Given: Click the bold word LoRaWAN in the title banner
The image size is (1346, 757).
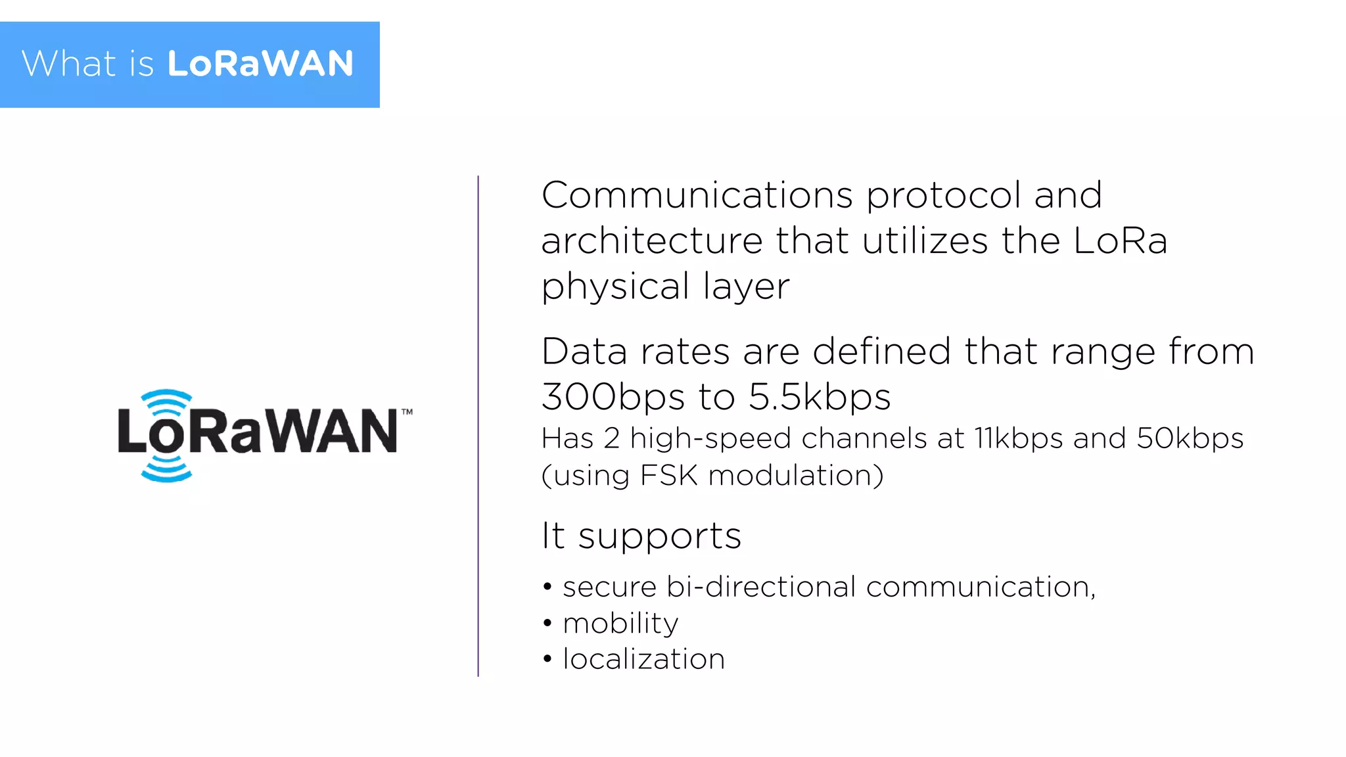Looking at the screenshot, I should coord(260,64).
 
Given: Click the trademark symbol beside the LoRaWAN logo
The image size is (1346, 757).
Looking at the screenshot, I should coord(407,412).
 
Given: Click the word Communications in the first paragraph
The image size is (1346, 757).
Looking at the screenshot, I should coord(697,195).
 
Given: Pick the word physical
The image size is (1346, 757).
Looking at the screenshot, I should coord(615,287).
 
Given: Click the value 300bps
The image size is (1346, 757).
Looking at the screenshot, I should coord(613,397).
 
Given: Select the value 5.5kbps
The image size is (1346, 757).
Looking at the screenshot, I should coord(820,397).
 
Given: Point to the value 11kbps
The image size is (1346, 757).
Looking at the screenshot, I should coord(1018,439).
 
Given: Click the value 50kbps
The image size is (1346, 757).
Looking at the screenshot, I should coord(1190,439).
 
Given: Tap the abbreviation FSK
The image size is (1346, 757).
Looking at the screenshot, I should coord(668,475).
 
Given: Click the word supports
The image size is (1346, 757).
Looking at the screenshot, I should coord(659,536).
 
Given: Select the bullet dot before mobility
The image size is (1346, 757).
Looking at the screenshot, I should coord(547,623).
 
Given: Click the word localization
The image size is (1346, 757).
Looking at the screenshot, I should coord(644,659).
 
